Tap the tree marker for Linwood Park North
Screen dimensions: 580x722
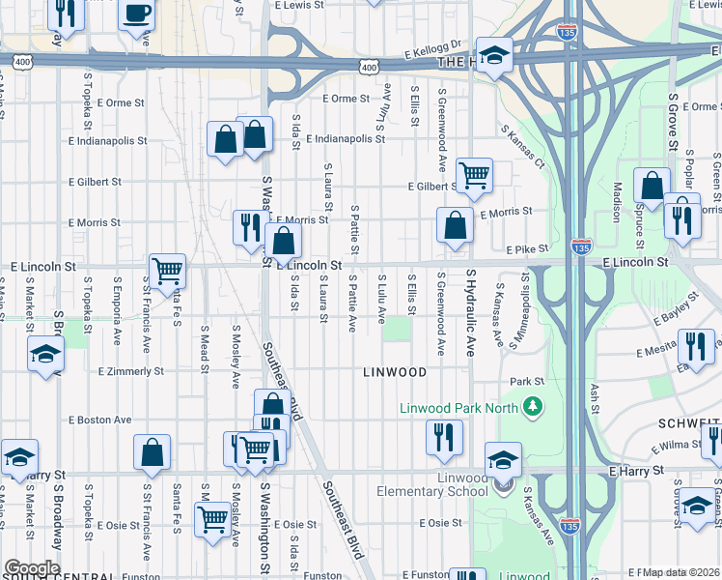click(x=530, y=407)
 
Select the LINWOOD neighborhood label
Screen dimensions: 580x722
click(x=394, y=372)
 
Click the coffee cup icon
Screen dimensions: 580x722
click(x=136, y=16)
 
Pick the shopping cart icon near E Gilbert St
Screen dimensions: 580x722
click(x=474, y=175)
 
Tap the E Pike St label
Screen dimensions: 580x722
click(x=526, y=248)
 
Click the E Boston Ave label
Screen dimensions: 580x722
click(x=100, y=420)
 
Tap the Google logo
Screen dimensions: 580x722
click(x=31, y=568)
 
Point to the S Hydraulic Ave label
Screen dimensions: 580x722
click(x=471, y=317)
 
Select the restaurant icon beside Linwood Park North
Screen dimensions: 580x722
click(x=444, y=436)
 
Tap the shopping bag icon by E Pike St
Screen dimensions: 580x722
click(x=455, y=225)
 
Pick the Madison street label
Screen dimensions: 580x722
click(x=615, y=202)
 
